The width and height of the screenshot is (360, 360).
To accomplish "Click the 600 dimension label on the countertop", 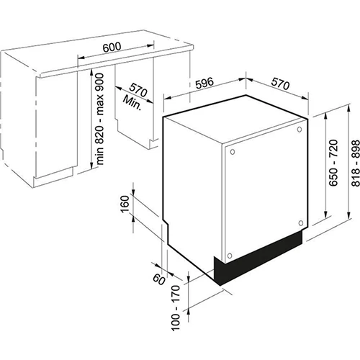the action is coord(112,47).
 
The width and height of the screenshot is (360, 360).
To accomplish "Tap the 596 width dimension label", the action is coord(204,83).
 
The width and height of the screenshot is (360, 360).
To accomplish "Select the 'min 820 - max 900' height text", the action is coord(99,119).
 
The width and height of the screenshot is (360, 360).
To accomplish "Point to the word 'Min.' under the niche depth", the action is coord(132,102).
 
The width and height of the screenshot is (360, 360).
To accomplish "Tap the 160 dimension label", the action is coord(125,204).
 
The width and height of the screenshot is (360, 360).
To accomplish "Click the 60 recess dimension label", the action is coord(159,279).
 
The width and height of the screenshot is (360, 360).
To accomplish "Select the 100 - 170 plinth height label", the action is coord(176,308).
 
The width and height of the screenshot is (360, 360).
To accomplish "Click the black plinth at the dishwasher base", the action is coord(258,258).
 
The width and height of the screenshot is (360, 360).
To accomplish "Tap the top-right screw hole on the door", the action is coord(300,130).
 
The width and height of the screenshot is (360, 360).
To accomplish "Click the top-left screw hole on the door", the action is coord(233,152).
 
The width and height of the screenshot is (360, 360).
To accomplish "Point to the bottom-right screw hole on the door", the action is coord(301,223).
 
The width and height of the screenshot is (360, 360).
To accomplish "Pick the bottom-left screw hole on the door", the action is coord(230,256).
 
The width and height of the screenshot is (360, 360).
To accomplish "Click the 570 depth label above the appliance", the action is coord(281,84).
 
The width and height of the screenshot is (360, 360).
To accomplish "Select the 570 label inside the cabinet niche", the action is coord(138,90).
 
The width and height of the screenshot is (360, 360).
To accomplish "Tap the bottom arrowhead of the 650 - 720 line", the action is coord(325,215).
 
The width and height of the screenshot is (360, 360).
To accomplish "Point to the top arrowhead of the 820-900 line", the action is coord(91,72).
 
